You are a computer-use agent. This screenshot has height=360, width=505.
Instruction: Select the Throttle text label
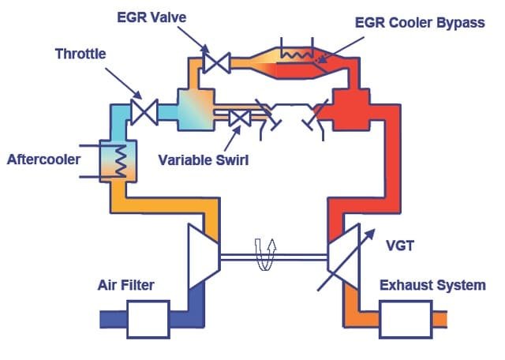(82, 54)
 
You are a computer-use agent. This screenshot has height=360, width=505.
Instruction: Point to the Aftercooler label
(44, 159)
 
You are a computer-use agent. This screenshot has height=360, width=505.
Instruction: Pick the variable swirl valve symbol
(239, 118)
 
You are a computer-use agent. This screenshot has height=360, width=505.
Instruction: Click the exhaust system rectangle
(409, 319)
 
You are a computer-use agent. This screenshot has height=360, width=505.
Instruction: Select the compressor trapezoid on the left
(201, 257)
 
